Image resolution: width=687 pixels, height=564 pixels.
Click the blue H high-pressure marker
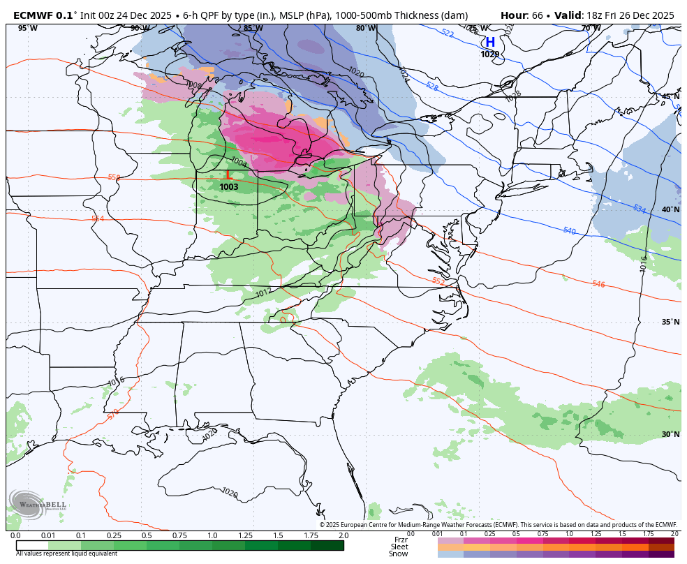490,43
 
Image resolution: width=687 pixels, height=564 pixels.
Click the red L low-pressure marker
228,175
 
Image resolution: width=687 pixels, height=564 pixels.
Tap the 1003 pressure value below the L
228,187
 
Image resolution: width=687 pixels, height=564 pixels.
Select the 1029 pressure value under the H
490,54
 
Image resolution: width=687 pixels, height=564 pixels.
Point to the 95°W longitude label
28,29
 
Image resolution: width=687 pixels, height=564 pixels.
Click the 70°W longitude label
591,29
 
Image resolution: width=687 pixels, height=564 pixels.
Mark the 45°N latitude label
670,97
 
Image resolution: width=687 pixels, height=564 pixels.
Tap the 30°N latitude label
670,434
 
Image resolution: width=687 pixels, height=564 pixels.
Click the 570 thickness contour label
113,414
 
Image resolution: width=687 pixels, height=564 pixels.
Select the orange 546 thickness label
598,284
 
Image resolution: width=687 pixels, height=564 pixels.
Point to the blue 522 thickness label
448,34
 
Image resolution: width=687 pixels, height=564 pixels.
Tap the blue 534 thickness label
639,209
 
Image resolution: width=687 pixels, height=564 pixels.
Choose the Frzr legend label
401,540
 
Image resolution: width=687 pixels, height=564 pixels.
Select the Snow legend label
398,554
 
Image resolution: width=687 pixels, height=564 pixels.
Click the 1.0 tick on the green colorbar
212,535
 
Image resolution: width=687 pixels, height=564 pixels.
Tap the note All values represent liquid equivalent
66,554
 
